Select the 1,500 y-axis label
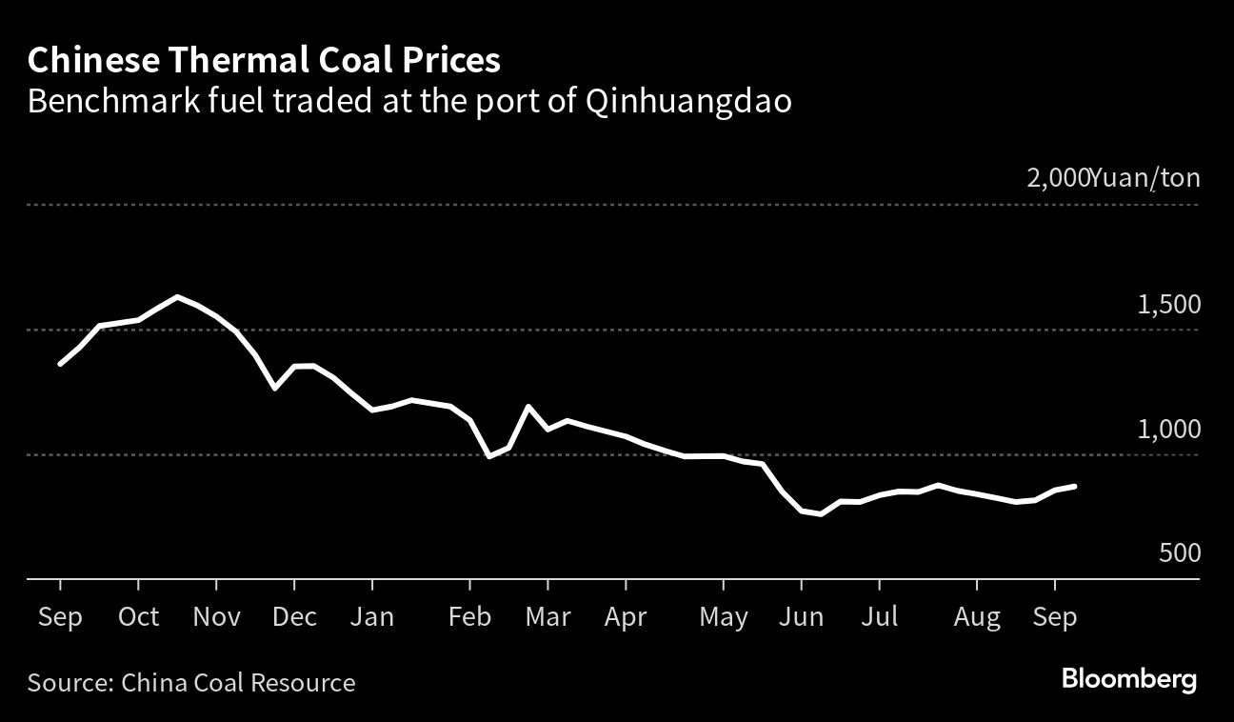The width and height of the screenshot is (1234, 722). pos(1168,305)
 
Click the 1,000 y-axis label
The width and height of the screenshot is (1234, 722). pos(1168,430)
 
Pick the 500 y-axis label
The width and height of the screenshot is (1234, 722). pos(1179,554)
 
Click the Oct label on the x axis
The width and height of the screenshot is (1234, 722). pos(138,617)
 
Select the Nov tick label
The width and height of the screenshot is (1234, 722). pos(216,617)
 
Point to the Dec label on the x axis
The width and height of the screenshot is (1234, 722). pos(294,617)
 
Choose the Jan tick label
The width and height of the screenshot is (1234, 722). pos(371,617)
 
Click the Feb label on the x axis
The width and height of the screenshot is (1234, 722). pos(469,617)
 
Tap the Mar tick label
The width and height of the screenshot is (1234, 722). pos(547,617)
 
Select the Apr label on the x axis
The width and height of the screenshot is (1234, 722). pos(626,617)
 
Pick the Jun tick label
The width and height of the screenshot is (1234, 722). pos(801,617)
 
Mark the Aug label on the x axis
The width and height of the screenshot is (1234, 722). pos(977,617)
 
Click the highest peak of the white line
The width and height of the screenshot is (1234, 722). pos(177,296)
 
